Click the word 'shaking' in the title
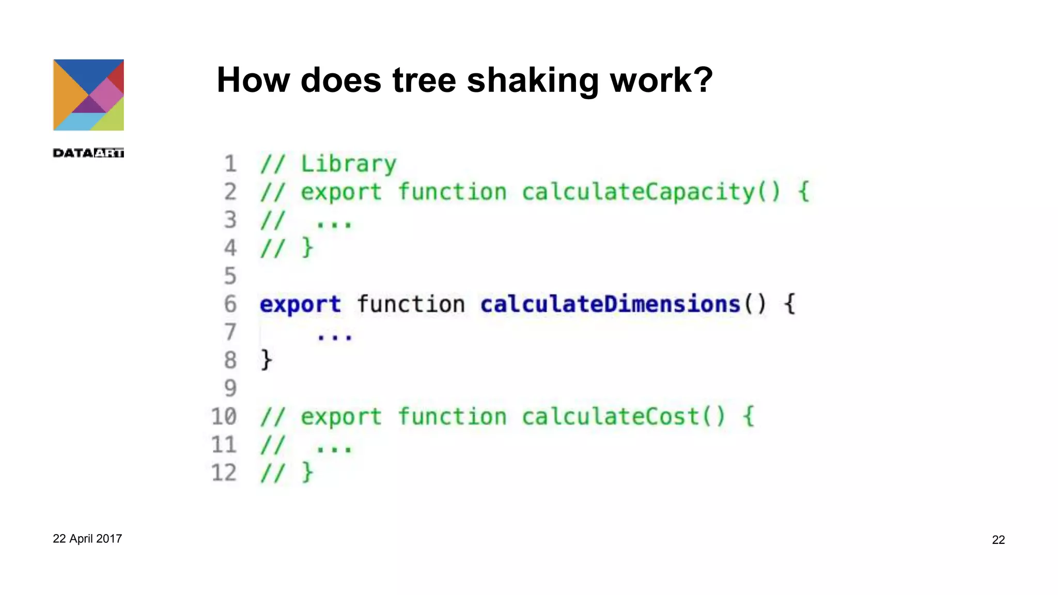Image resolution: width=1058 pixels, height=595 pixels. click(x=532, y=81)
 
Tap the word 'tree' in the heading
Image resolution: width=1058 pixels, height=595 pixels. click(x=424, y=81)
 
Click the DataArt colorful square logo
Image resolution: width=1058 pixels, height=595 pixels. click(x=88, y=95)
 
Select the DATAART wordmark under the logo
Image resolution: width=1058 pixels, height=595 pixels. click(x=88, y=153)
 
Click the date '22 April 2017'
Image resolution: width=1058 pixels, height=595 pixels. click(x=87, y=539)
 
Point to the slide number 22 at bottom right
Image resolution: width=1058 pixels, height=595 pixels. click(x=998, y=540)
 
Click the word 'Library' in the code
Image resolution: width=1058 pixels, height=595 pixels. click(x=349, y=164)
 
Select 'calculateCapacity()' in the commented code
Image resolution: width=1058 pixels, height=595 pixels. click(x=651, y=192)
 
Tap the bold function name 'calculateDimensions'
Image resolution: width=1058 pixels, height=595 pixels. click(x=611, y=304)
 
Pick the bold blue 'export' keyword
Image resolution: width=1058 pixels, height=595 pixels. click(x=300, y=304)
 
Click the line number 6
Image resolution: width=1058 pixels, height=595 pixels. click(x=230, y=304)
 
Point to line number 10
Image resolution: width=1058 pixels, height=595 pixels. click(x=224, y=416)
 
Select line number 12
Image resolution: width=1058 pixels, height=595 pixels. click(x=224, y=473)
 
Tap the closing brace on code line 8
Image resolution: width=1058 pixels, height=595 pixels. click(x=266, y=360)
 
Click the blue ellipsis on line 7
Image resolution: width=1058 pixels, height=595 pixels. click(x=335, y=337)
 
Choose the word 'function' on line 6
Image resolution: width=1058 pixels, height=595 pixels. click(x=411, y=304)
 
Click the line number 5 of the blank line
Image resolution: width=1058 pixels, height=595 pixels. click(x=230, y=276)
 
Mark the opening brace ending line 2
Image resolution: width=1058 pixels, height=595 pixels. click(x=803, y=192)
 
